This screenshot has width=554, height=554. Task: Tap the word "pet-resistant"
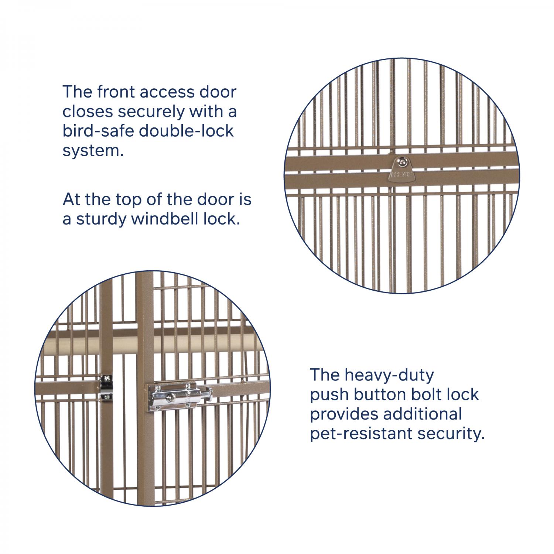coord(361,434)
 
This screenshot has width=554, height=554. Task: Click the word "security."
coord(451,434)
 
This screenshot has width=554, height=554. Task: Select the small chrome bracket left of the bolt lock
coord(106,387)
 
